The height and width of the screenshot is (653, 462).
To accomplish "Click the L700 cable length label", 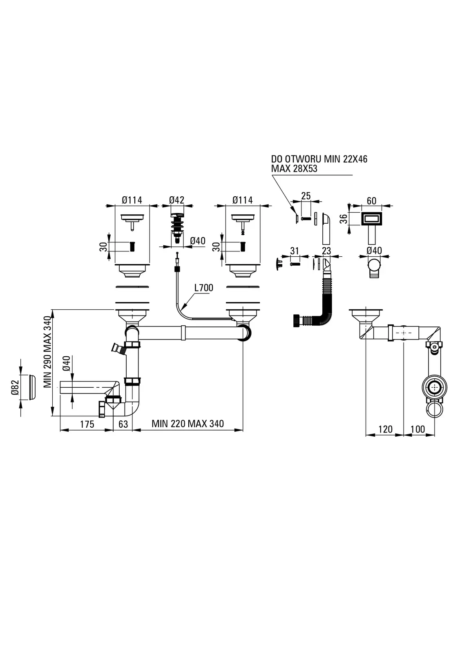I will click(203, 288).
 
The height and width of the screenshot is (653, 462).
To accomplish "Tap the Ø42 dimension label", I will click(176, 200).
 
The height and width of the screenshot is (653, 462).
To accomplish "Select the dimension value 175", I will click(87, 424).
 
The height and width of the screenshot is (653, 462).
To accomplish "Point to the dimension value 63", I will click(123, 424).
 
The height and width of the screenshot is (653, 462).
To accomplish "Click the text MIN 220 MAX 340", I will click(187, 424).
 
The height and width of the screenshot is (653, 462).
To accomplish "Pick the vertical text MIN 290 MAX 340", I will click(48, 352).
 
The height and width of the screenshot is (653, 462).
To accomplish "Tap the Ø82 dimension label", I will click(15, 387).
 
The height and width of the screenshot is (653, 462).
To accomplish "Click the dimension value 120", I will click(385, 429).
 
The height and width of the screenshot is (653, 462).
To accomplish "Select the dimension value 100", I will click(417, 429).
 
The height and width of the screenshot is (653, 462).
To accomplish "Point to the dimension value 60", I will click(371, 201).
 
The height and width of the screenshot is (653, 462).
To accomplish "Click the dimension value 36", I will click(343, 219).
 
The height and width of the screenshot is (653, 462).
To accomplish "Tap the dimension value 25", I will click(306, 196).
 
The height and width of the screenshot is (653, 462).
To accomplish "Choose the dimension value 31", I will click(294, 251).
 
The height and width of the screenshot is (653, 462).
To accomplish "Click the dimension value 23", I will click(326, 251).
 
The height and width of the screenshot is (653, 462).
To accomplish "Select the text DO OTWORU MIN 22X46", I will click(319, 159).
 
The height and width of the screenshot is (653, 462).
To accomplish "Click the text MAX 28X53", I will click(294, 169).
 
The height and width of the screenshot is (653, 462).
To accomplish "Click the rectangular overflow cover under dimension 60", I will click(371, 219).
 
